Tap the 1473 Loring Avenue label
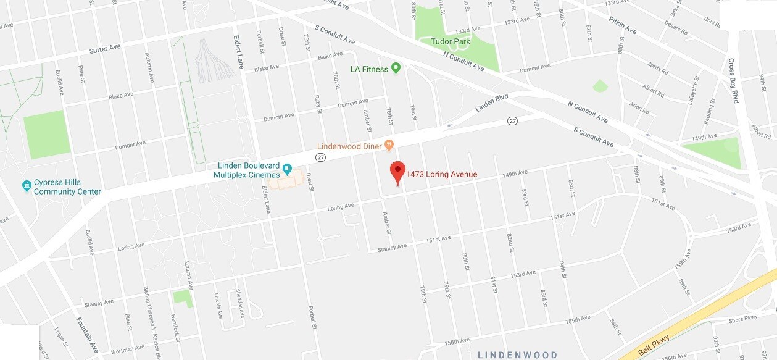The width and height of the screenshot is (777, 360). tap(441, 175)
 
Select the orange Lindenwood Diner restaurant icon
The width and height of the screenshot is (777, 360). tap(389, 145)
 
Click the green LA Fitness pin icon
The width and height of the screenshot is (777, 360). tap(396, 69)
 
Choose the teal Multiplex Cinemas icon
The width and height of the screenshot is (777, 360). tap(287, 168)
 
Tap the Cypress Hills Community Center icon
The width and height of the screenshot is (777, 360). tap(27, 185)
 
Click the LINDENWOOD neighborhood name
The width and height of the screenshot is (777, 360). tap(518, 355)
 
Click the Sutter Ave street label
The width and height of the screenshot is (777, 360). tap(106, 49)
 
